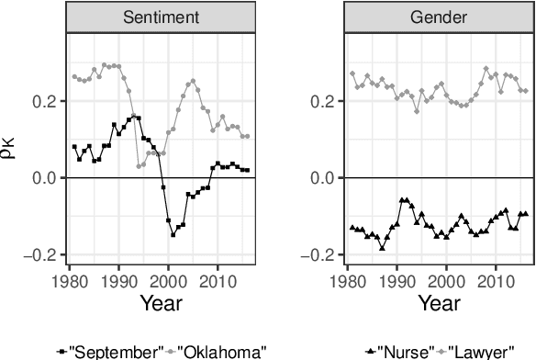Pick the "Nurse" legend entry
pos(390,350)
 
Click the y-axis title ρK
pos(10,147)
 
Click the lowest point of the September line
pos(173,235)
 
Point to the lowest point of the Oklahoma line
pos(139,166)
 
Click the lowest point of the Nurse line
pos(382,248)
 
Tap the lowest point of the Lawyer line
pos(417,111)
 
